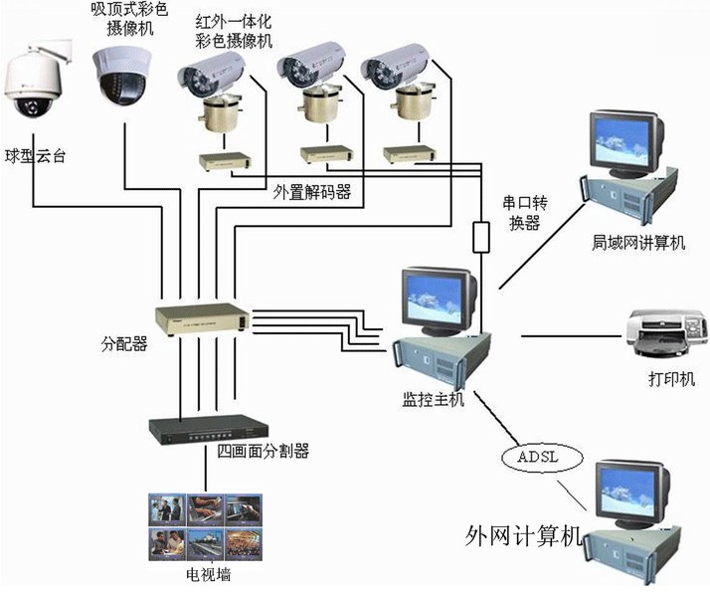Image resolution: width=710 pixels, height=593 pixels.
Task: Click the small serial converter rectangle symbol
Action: click(480, 238)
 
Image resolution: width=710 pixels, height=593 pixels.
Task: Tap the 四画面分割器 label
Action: click(263, 452)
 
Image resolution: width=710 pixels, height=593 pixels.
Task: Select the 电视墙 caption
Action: click(207, 575)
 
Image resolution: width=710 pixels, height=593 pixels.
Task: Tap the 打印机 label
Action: click(666, 379)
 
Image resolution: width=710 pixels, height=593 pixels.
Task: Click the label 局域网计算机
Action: click(632, 242)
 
